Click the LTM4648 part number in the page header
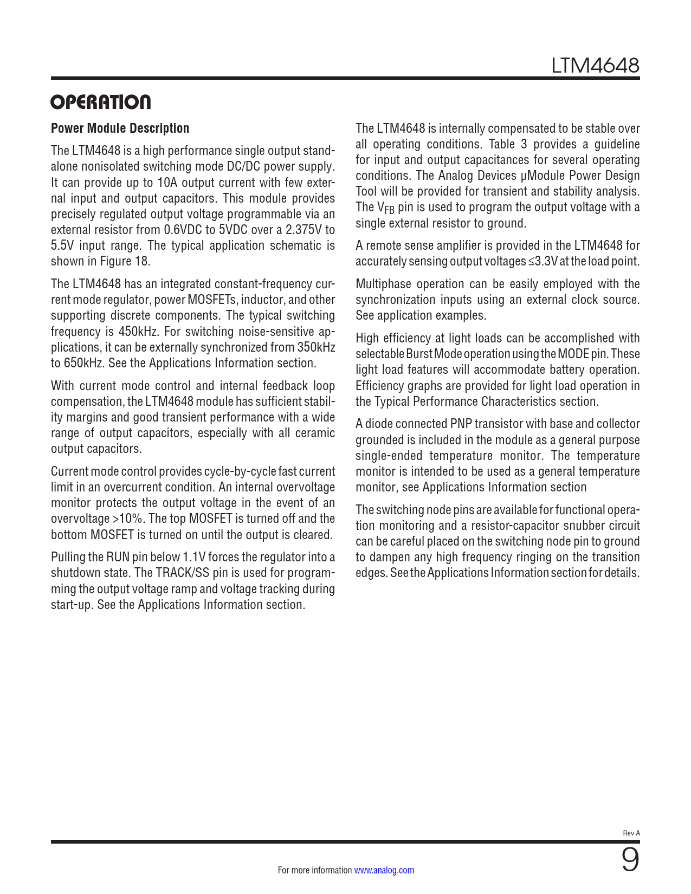(595, 66)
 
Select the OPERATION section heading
(101, 102)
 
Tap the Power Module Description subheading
(120, 128)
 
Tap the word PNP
(461, 424)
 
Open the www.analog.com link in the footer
(384, 870)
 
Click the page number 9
(630, 860)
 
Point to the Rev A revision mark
(631, 833)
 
